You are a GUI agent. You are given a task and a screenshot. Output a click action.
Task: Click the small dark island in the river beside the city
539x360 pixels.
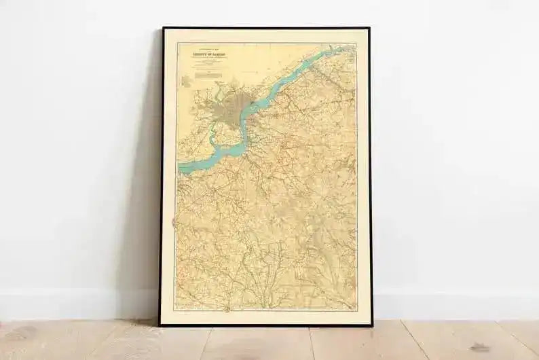point(252,104)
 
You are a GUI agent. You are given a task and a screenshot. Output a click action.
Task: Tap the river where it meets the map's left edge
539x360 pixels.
point(181,166)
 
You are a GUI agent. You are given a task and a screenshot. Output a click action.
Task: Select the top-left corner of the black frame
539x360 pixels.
point(162,29)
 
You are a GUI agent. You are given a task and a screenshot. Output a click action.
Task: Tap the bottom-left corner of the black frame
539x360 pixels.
point(160,325)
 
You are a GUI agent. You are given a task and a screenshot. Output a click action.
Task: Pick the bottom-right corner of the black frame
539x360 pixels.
point(371,325)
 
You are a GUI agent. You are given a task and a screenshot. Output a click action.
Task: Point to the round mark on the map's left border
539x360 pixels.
point(175,221)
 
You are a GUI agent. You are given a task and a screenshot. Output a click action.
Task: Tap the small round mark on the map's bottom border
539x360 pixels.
point(227,309)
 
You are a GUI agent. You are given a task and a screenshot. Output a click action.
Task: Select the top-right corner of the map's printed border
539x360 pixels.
point(356,43)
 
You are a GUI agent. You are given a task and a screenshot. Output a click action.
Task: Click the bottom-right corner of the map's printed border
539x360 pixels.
point(357,310)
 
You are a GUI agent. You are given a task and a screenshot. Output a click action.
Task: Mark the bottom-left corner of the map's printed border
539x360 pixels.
point(175,310)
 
